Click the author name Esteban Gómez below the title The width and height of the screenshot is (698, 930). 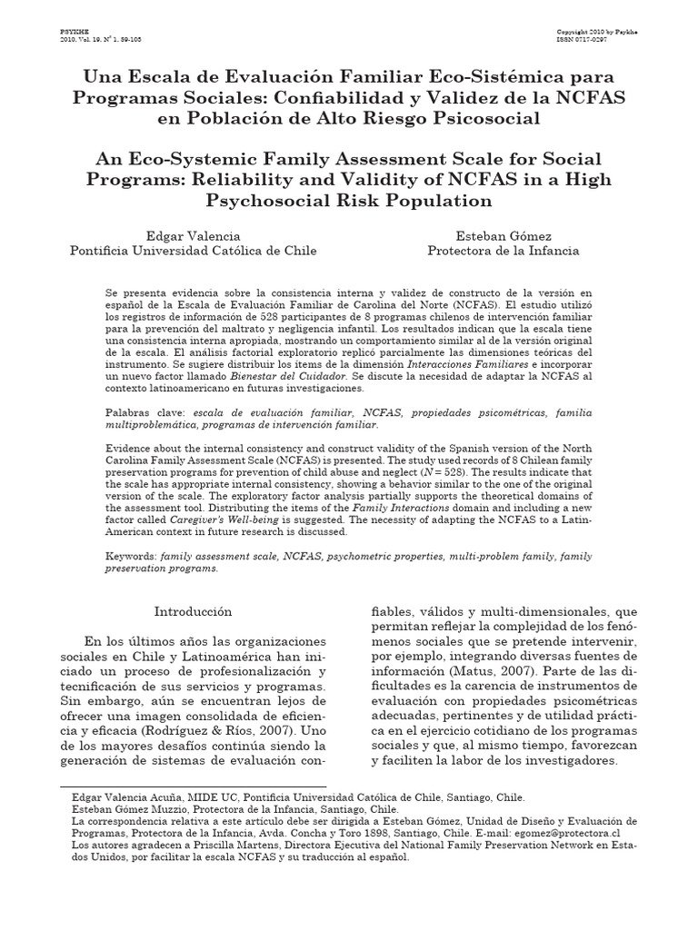(502, 234)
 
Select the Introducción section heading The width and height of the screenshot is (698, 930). (193, 611)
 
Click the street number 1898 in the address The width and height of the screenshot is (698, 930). (394, 832)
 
